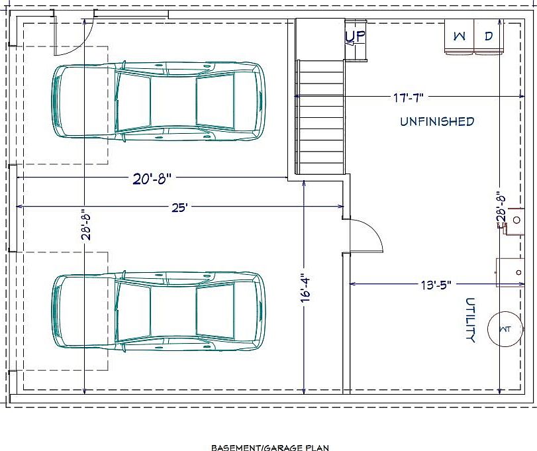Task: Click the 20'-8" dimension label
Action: pyautogui.click(x=152, y=178)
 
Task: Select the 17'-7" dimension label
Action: pyautogui.click(x=408, y=98)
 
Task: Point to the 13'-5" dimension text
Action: pyautogui.click(x=436, y=285)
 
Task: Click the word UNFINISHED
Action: pyautogui.click(x=437, y=121)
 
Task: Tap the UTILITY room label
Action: pyautogui.click(x=471, y=320)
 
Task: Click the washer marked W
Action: pyautogui.click(x=459, y=36)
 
